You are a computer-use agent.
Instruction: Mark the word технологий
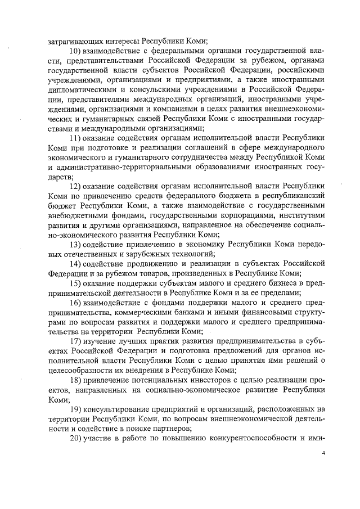(x=187, y=254)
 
